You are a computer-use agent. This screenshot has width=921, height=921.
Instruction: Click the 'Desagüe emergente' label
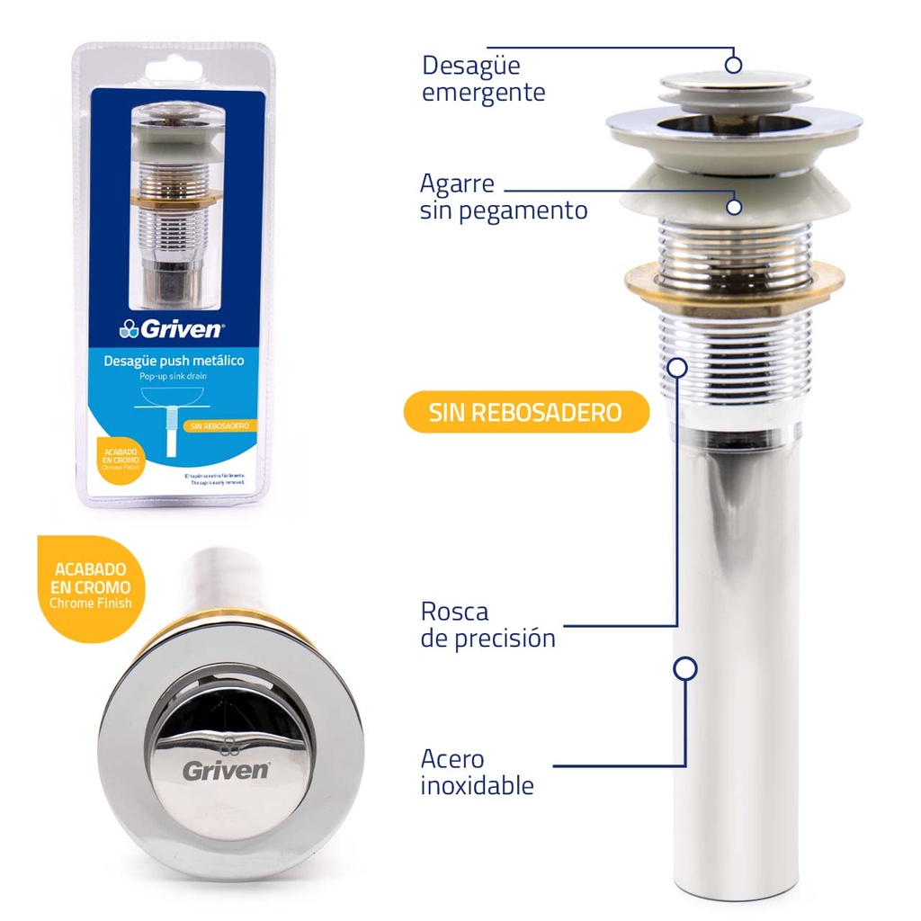[x=483, y=79]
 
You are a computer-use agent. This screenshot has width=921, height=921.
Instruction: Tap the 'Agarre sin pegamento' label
[x=503, y=197]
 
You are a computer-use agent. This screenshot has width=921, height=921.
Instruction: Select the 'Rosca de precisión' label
[x=487, y=625]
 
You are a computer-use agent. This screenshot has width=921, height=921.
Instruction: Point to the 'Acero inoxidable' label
[x=477, y=772]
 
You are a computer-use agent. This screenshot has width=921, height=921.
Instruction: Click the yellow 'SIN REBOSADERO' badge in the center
[x=525, y=413]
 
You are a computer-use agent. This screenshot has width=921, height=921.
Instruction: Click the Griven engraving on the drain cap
[x=225, y=770]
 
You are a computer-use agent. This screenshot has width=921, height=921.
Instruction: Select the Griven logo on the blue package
[x=171, y=329]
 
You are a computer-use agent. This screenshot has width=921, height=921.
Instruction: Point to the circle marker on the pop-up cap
[x=733, y=64]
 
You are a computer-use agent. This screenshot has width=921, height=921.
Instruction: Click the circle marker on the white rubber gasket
[x=734, y=207]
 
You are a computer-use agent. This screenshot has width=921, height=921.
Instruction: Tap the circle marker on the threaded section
[x=677, y=366]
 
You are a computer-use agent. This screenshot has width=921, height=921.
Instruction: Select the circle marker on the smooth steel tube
[x=685, y=668]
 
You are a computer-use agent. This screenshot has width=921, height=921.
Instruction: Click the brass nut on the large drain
[x=734, y=282]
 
